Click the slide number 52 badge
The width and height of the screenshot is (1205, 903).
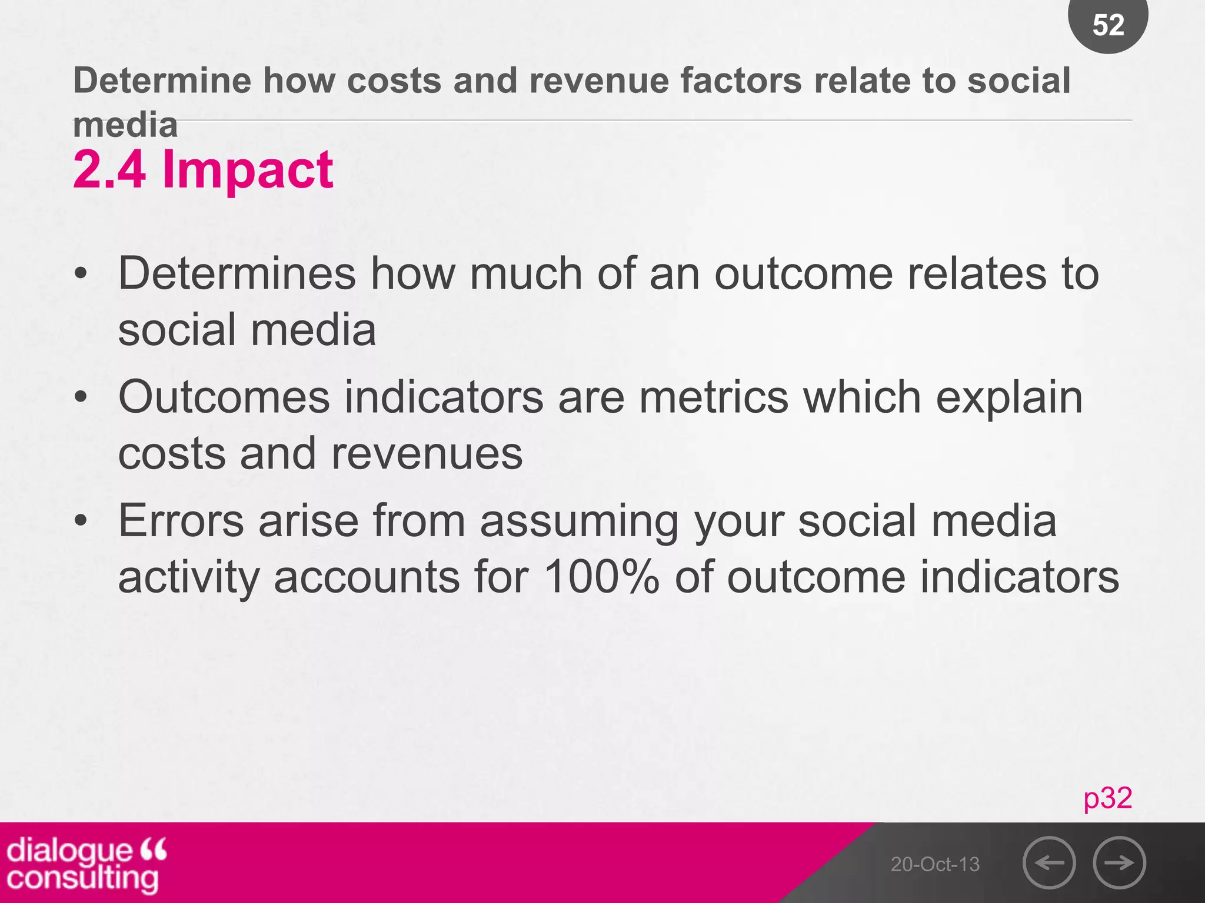1108,25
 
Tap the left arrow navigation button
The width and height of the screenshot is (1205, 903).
1049,863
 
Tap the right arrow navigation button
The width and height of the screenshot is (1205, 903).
1119,863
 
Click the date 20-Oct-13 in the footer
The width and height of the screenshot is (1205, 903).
935,864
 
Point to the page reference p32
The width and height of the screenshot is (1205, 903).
1107,798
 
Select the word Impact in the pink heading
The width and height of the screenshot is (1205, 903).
248,169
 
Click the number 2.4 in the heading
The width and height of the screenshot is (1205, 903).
109,169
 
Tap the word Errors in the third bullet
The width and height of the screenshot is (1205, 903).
181,521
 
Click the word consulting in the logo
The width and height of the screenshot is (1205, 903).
82,879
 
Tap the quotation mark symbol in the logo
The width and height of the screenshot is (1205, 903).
154,848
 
